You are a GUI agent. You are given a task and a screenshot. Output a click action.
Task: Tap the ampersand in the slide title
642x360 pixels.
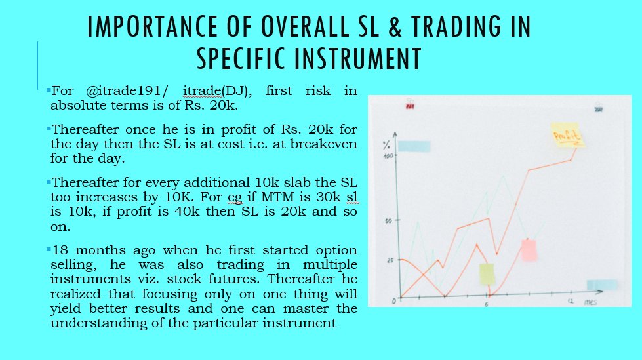pos(393,27)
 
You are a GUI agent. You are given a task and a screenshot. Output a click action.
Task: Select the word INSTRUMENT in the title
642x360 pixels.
pos(358,58)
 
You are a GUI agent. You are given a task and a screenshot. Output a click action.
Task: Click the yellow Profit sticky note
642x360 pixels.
pos(567,134)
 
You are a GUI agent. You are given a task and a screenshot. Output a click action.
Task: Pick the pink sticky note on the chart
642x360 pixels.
pos(529,250)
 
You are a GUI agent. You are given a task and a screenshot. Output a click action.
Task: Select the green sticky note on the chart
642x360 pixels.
pos(487,274)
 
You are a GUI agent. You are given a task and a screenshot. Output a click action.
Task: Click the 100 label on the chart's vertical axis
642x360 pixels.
pos(388,156)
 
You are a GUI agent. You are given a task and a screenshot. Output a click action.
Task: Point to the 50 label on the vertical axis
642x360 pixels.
pos(388,221)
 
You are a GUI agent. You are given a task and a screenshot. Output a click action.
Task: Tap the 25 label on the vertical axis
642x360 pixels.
pos(390,260)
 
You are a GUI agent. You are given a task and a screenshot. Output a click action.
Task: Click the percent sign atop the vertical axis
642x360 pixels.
pos(386,145)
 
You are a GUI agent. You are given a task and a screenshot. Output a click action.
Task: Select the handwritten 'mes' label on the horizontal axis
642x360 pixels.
pos(590,302)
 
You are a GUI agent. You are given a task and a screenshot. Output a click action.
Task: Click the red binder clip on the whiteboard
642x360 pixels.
pos(409,105)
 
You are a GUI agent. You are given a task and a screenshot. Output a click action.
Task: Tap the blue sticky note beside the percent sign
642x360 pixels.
pos(414,146)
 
